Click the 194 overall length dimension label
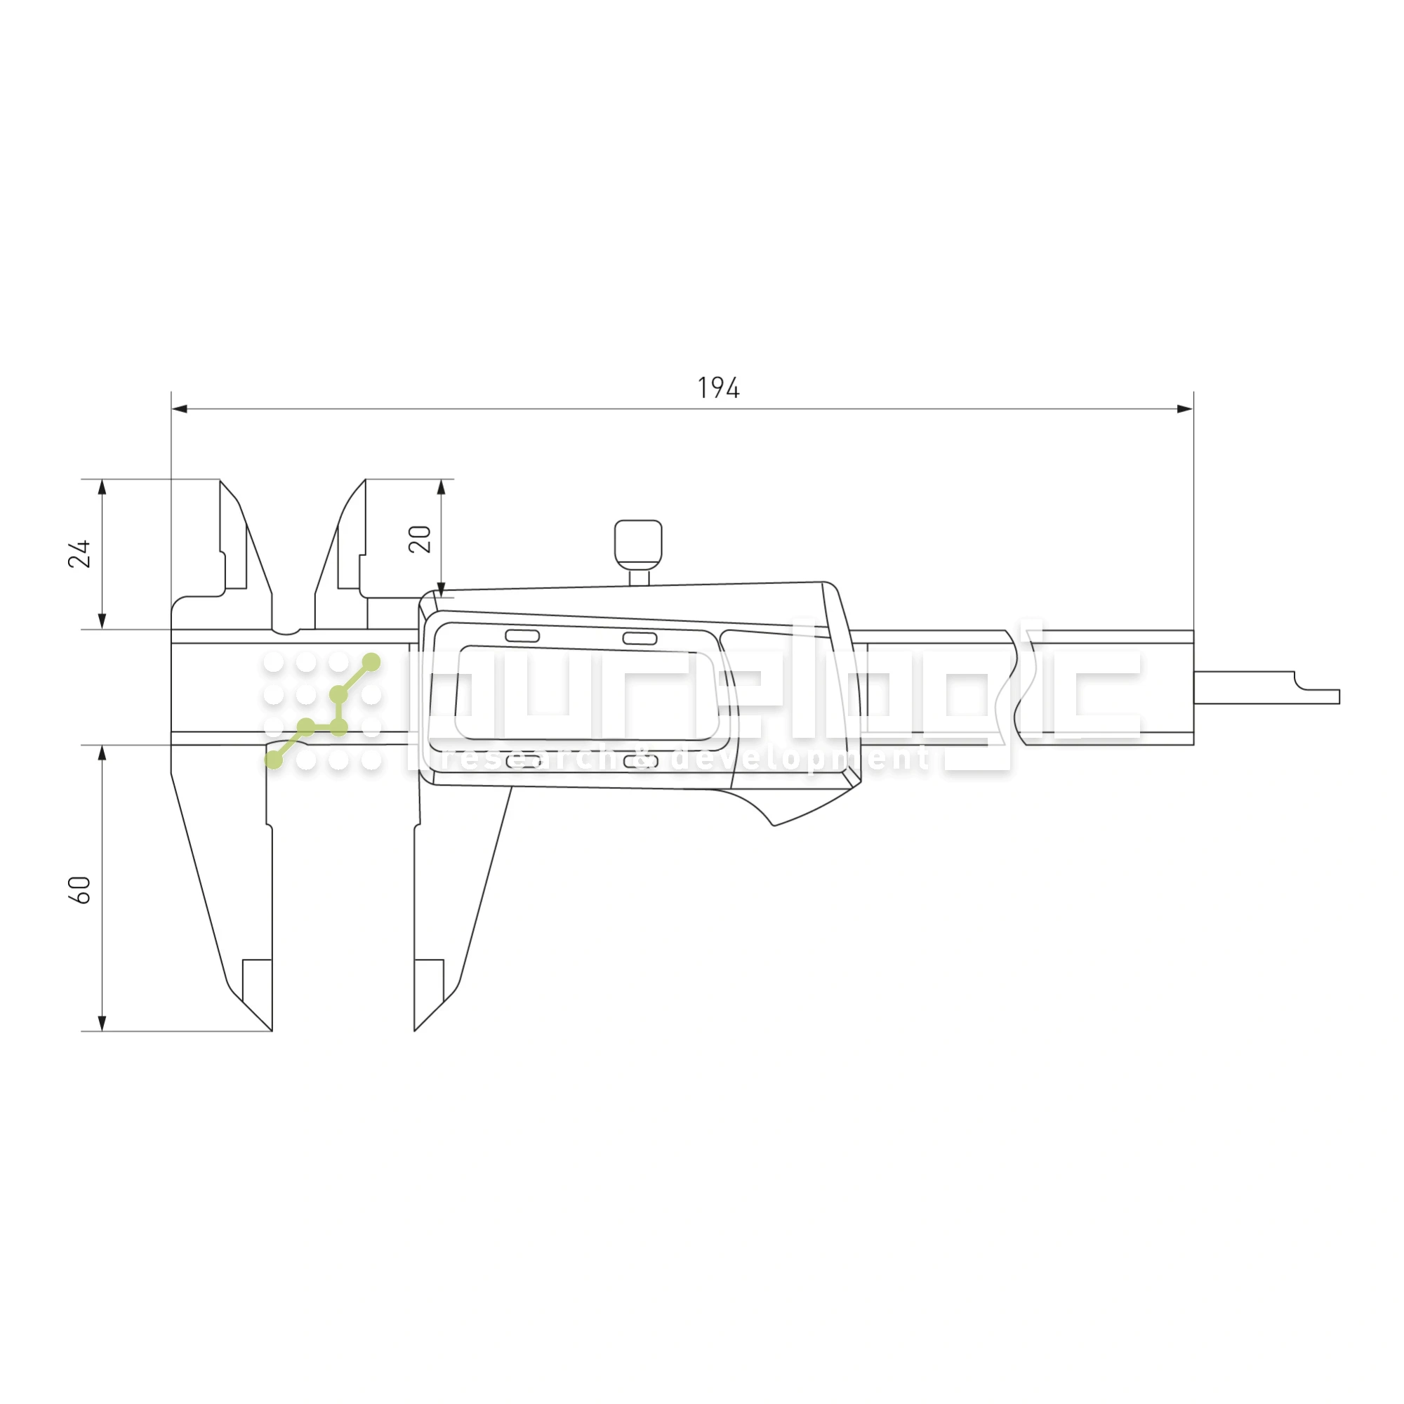click(718, 388)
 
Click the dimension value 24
click(79, 554)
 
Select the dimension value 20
click(420, 539)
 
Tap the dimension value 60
click(79, 890)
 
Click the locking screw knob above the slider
click(638, 544)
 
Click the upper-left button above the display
click(522, 637)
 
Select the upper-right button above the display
click(640, 638)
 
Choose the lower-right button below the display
click(640, 762)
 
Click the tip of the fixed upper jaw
click(222, 482)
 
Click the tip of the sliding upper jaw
click(364, 482)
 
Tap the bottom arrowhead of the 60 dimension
click(102, 1024)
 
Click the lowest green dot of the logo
click(274, 760)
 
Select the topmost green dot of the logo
click(371, 662)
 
